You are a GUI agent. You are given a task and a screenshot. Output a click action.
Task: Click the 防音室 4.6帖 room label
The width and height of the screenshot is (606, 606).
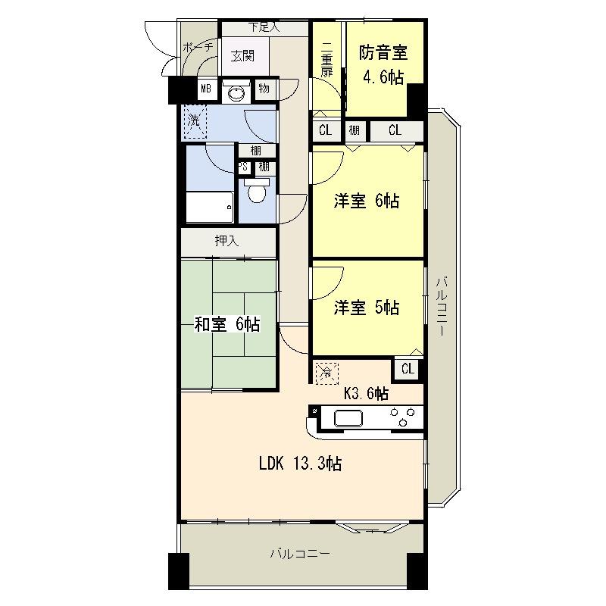coord(383,64)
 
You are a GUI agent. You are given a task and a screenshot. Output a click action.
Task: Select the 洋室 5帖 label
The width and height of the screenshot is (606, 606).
coord(367,308)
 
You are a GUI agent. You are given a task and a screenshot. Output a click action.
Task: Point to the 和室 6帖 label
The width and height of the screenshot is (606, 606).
coord(227,324)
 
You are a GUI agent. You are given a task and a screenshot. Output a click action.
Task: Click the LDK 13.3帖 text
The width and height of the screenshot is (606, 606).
coord(300,464)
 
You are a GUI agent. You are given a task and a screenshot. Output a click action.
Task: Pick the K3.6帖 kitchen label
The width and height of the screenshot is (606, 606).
coord(367,393)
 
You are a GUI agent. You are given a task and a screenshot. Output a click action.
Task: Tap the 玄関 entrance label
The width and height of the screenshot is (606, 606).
coord(242,55)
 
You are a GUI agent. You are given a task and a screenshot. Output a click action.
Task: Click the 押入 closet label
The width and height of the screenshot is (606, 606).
coord(226,242)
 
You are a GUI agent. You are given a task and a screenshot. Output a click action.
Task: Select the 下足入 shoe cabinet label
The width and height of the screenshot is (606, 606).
coord(264,28)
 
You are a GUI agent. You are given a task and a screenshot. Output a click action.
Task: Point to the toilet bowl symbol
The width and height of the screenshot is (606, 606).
coord(257,193)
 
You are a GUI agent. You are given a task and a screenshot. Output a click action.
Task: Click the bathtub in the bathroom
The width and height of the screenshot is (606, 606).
coord(209,207)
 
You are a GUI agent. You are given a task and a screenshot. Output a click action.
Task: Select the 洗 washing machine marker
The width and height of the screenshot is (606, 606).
coord(194,120)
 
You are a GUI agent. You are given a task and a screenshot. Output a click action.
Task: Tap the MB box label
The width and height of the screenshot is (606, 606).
coord(205,89)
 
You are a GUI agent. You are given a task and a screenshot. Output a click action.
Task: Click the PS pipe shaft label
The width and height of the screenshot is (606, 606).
coord(244,167)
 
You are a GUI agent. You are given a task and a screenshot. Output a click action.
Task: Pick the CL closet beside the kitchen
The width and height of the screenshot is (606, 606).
coord(408,369)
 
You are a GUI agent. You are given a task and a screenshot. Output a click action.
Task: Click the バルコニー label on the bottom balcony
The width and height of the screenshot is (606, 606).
coord(300,554)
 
